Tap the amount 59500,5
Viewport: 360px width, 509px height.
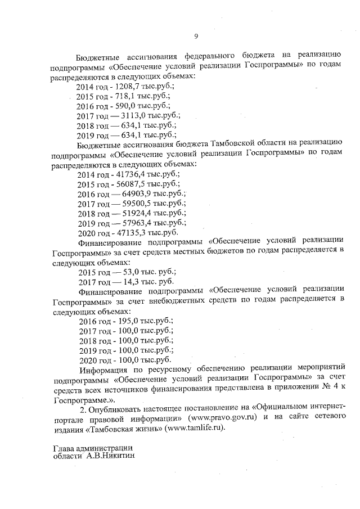point(137,203)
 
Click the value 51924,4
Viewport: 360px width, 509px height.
point(137,213)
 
